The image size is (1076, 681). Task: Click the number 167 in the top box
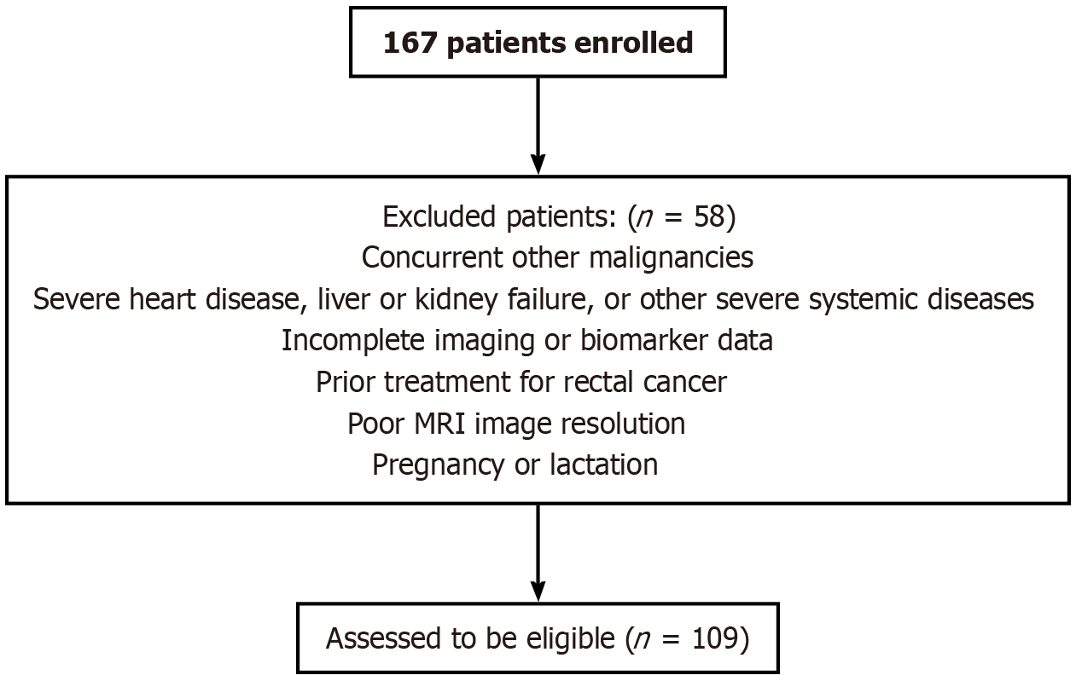[x=410, y=43]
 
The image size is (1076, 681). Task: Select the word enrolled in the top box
[x=634, y=43]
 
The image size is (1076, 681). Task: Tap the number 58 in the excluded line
[x=709, y=216]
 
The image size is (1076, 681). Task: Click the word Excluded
[x=439, y=216]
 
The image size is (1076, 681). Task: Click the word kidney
[x=455, y=300]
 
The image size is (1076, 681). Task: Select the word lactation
[x=604, y=465]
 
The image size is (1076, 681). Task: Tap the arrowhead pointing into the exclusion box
[x=538, y=164]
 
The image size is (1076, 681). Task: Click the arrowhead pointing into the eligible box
[x=538, y=592]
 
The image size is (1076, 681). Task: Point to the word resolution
[x=623, y=424]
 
